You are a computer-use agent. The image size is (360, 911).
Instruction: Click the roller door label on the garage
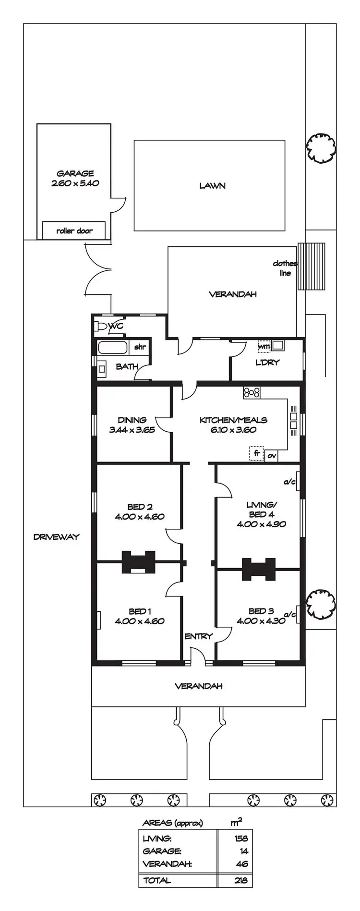click(74, 231)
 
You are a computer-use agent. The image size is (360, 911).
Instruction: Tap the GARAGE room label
click(75, 173)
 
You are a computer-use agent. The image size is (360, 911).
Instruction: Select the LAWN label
click(212, 185)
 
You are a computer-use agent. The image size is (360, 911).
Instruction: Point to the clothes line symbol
click(312, 266)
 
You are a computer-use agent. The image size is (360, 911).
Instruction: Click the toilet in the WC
click(101, 326)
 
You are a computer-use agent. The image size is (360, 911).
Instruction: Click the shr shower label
click(140, 347)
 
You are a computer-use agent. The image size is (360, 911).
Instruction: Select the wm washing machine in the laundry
click(264, 345)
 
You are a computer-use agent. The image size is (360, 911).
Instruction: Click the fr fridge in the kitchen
click(257, 453)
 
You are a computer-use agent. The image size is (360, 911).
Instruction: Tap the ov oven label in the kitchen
click(272, 456)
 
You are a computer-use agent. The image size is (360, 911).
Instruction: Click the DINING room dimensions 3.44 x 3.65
click(132, 430)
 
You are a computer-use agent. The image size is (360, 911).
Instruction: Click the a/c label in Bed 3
click(289, 614)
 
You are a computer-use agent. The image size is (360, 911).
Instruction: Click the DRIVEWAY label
click(56, 537)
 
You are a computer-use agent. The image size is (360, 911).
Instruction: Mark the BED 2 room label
click(140, 507)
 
